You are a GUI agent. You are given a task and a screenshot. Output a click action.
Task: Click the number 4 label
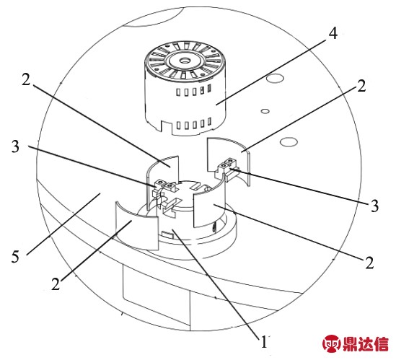(x=333, y=33)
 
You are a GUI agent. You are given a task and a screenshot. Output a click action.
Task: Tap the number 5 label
(x=15, y=257)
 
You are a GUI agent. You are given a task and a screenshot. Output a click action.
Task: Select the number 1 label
(x=264, y=342)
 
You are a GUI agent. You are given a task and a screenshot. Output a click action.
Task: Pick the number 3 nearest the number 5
(x=15, y=146)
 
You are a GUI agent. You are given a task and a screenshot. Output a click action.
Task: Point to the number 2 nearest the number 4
(x=361, y=86)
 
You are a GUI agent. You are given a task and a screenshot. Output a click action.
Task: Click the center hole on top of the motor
(x=184, y=61)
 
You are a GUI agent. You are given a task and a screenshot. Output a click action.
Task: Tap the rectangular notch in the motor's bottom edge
(x=166, y=125)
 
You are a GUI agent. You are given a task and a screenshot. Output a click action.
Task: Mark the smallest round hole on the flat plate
(x=265, y=111)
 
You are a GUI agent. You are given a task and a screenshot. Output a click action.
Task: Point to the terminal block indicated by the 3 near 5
(x=164, y=188)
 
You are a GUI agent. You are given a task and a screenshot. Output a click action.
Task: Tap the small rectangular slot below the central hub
(x=167, y=234)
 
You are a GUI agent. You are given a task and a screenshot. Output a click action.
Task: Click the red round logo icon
(x=331, y=343)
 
